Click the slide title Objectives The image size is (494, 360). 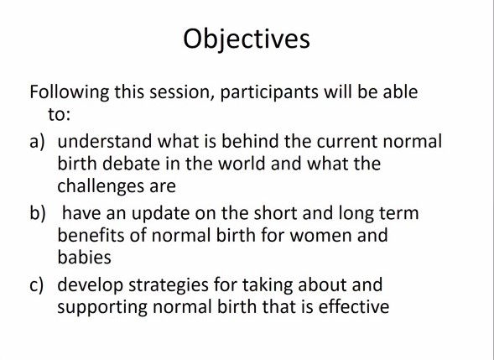(247, 39)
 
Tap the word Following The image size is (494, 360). (70, 92)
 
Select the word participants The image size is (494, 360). (269, 92)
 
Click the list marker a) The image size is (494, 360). (37, 142)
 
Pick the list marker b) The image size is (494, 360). (38, 212)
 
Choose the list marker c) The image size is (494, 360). (36, 285)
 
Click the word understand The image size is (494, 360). (105, 141)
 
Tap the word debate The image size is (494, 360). (131, 164)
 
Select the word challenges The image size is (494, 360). (101, 186)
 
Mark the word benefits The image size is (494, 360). (91, 235)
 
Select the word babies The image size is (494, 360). (85, 257)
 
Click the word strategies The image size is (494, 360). (169, 285)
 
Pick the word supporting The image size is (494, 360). (102, 307)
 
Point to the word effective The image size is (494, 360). (354, 306)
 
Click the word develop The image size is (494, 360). (91, 285)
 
